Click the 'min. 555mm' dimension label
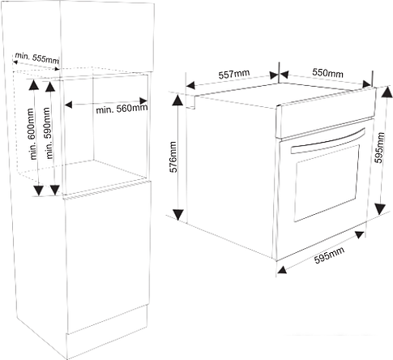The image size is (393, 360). (37, 58)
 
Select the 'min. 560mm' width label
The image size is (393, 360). (122, 109)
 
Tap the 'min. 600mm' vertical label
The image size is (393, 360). (32, 134)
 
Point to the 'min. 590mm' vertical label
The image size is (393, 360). (48, 133)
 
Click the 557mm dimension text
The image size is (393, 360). (234, 74)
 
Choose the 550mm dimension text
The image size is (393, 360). (327, 73)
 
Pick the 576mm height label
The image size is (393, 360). (173, 156)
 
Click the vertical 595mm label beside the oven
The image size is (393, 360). (379, 148)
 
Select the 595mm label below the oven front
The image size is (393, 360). (330, 255)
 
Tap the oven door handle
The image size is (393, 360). (328, 141)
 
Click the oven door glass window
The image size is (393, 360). (327, 183)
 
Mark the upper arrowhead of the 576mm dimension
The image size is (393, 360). (178, 100)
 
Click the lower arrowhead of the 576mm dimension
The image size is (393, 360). (178, 214)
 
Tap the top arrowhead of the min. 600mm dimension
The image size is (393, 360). (34, 84)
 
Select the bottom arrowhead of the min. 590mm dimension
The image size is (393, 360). (55, 190)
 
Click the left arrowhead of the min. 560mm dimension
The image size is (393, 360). (68, 105)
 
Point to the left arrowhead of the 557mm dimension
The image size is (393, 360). (190, 85)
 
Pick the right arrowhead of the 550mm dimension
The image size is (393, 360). (366, 84)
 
